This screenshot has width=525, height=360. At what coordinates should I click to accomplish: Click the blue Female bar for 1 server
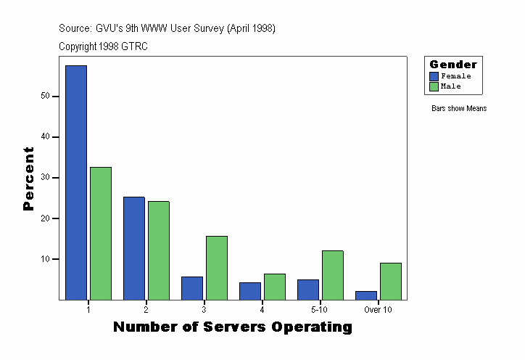click(76, 182)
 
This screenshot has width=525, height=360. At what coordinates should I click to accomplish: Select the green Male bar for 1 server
click(101, 233)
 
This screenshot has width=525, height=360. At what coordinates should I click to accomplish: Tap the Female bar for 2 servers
click(134, 247)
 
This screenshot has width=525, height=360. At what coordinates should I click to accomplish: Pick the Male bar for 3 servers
click(217, 267)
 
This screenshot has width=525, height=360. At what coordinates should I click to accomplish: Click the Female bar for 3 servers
click(192, 287)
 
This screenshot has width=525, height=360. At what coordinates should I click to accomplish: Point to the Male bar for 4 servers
click(275, 286)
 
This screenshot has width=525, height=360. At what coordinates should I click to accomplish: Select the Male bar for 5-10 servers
click(333, 274)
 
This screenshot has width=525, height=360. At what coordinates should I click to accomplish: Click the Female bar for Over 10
click(366, 295)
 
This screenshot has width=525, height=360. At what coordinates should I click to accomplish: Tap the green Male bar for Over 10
click(391, 281)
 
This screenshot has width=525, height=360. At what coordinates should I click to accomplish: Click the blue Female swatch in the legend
click(434, 76)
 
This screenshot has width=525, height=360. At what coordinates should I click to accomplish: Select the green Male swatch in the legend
click(434, 86)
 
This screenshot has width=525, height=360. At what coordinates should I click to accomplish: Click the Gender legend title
click(453, 65)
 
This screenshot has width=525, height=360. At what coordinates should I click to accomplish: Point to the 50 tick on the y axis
click(45, 96)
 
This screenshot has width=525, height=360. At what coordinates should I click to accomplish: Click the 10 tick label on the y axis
click(45, 259)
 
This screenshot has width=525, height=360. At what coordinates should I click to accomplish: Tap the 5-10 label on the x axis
click(320, 310)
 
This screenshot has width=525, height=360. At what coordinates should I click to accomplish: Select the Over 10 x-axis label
click(378, 310)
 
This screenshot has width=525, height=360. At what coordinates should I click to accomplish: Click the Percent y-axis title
click(29, 179)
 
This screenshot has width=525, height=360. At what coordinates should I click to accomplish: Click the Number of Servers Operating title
click(232, 327)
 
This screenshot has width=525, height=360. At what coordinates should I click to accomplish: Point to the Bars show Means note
click(459, 109)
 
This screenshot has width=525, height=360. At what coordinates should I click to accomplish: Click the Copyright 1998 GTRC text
click(103, 46)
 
